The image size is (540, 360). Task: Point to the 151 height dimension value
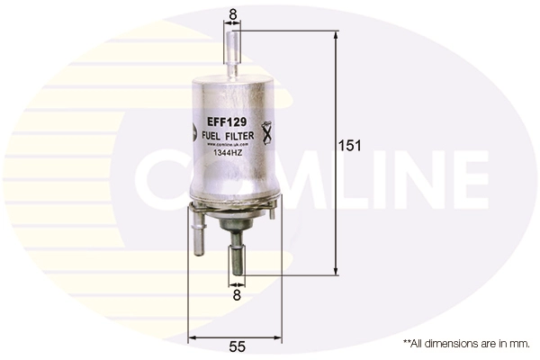click(349, 146)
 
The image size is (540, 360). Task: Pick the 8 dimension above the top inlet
click(233, 13)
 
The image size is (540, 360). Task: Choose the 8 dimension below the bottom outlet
click(238, 293)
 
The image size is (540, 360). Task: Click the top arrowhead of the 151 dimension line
click(336, 34)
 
